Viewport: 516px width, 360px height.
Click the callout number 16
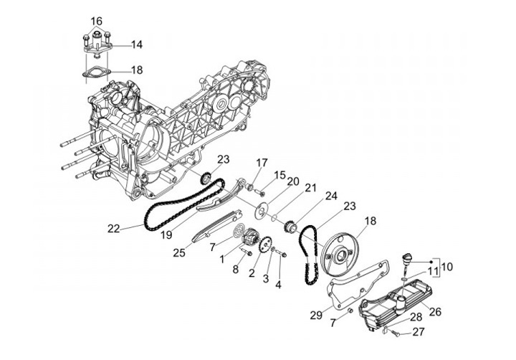(x=96, y=20)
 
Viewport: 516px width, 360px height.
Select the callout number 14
(x=136, y=44)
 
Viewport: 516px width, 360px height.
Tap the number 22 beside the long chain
(x=113, y=229)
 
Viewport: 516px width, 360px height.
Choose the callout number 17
(x=262, y=162)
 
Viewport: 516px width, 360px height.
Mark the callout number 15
(x=279, y=174)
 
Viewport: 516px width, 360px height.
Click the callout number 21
(x=310, y=188)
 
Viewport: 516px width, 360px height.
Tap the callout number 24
(x=331, y=195)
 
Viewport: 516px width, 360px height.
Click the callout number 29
(x=316, y=316)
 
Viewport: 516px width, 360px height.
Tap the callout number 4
(x=279, y=285)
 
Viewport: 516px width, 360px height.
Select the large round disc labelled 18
(x=343, y=251)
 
